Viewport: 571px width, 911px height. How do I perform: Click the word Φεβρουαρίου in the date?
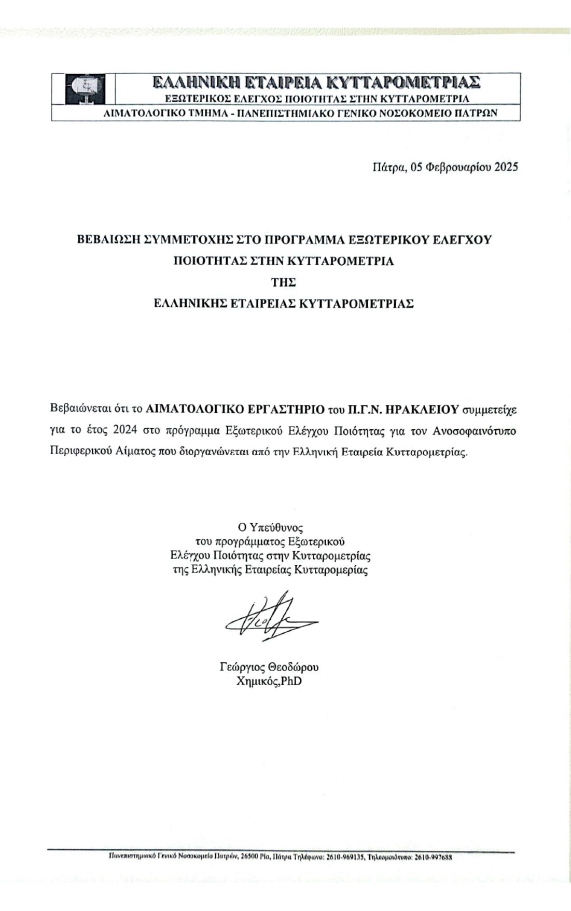(x=458, y=167)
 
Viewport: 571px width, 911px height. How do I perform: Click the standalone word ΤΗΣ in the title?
(x=284, y=282)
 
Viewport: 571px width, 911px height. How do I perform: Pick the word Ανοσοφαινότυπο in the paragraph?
(x=475, y=430)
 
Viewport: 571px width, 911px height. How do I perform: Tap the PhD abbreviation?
(x=291, y=681)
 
